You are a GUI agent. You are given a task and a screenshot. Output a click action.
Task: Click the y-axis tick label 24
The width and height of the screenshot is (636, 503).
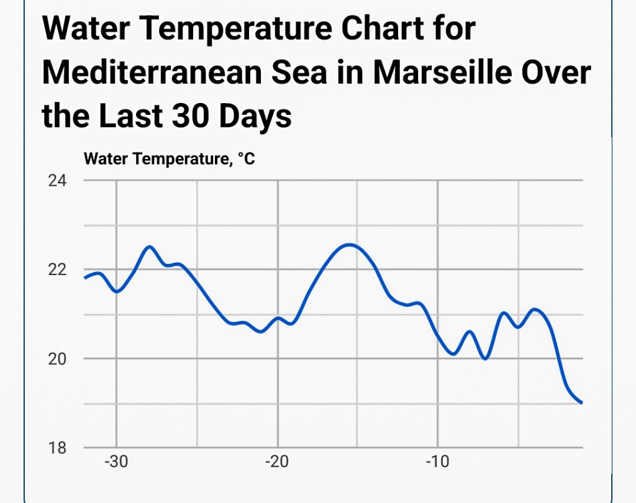58,181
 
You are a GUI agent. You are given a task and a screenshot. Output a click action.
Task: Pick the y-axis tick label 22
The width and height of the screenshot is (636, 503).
58,270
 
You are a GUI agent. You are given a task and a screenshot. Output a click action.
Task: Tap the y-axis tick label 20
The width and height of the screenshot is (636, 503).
58,359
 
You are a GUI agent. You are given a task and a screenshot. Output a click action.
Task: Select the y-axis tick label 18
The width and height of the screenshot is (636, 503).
58,447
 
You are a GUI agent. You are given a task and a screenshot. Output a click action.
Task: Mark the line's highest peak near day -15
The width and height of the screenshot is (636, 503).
350,245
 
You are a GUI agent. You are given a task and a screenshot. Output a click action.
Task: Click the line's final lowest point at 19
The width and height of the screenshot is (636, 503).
581,403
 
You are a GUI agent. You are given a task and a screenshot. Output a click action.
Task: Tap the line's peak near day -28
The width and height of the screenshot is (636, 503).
150,247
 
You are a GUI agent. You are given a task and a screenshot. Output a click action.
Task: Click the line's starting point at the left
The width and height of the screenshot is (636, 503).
84,278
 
